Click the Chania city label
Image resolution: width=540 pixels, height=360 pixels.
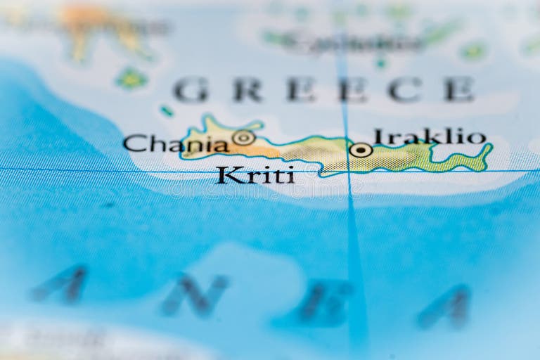pyautogui.click(x=176, y=144)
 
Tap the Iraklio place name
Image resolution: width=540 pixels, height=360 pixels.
pyautogui.click(x=430, y=136)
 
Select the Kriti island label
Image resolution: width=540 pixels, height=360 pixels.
pyautogui.click(x=255, y=175)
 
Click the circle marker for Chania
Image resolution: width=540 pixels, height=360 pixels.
pyautogui.click(x=243, y=138)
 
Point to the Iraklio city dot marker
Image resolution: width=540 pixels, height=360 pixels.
pyautogui.click(x=361, y=150)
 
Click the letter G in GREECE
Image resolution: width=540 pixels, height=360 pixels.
pyautogui.click(x=191, y=90)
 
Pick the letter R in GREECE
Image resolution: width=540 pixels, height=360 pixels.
pyautogui.click(x=247, y=90)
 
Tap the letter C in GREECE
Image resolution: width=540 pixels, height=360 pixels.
pyautogui.click(x=405, y=89)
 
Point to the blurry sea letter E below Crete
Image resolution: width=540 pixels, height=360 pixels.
pyautogui.click(x=324, y=302)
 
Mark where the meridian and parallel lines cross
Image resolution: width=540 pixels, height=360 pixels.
pyautogui.click(x=347, y=170)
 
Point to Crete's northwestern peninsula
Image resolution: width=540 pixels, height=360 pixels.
pyautogui.click(x=207, y=124)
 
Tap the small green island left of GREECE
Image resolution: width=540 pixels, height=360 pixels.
pyautogui.click(x=131, y=78)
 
